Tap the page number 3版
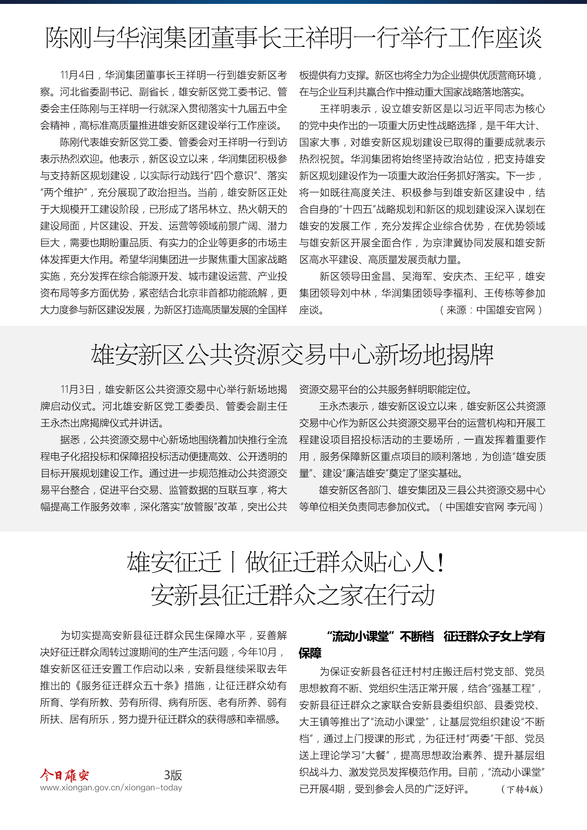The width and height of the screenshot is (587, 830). (x=173, y=775)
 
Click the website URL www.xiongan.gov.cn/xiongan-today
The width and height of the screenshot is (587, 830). (x=111, y=787)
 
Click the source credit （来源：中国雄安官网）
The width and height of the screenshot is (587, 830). (x=490, y=310)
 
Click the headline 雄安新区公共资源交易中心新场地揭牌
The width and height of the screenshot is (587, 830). (x=292, y=354)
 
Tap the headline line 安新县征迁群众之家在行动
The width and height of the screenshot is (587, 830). (x=292, y=595)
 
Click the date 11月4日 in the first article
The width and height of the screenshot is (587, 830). (x=77, y=75)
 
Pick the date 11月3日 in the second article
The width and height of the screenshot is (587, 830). (x=77, y=389)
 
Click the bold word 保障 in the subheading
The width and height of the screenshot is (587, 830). (x=310, y=653)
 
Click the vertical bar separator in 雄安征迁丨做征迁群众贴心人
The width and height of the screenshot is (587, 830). (x=233, y=562)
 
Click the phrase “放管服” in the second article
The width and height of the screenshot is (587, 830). (x=202, y=506)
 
